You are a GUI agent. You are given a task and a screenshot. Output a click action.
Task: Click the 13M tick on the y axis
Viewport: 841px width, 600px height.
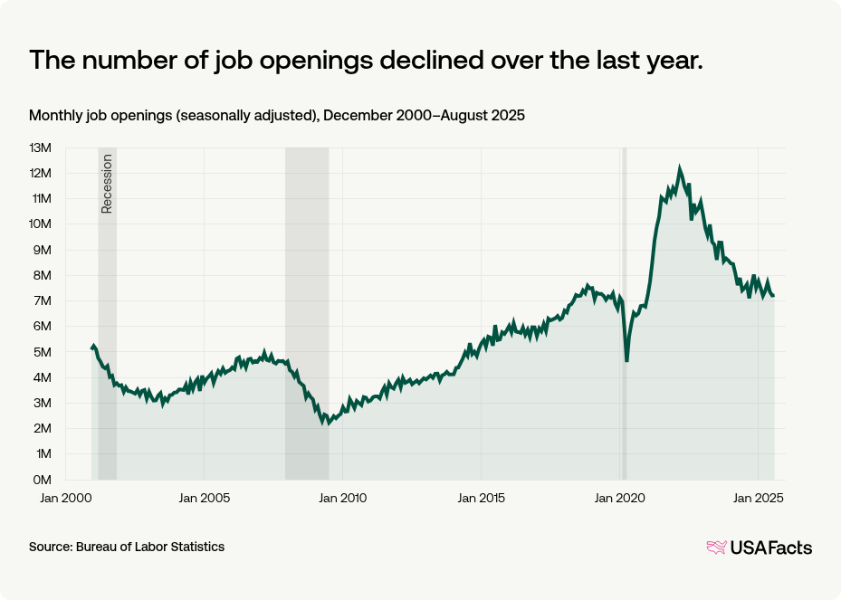(x=42, y=148)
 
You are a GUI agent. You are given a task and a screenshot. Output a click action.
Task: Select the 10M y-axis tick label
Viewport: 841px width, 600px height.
(x=42, y=224)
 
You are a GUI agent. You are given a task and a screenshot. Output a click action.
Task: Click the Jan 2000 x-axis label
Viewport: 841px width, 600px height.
(x=64, y=498)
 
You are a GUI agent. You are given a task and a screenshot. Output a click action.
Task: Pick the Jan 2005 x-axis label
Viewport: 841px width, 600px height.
(x=204, y=498)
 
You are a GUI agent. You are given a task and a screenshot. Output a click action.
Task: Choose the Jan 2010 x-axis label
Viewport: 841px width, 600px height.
(x=342, y=498)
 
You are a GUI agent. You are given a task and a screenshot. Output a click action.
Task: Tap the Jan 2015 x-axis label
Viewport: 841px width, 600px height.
(x=481, y=498)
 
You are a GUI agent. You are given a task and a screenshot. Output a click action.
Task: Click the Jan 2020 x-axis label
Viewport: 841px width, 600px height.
(x=619, y=498)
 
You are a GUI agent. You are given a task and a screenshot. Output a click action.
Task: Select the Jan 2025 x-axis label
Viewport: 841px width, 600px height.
(x=758, y=498)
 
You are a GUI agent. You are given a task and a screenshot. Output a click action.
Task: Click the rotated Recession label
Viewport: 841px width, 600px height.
(x=107, y=185)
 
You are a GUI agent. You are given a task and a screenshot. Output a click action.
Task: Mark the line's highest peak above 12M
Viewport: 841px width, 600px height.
(x=680, y=168)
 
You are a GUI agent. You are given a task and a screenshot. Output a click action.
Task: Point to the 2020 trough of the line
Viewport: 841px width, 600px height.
(x=626, y=361)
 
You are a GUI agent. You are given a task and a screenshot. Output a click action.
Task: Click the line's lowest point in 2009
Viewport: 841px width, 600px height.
(x=328, y=424)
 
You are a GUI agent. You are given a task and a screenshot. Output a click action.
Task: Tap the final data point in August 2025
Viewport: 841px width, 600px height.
(x=773, y=296)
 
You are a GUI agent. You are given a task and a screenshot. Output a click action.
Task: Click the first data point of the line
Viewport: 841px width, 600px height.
(x=91, y=348)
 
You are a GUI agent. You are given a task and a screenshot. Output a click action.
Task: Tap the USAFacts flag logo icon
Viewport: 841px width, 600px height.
(x=716, y=547)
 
